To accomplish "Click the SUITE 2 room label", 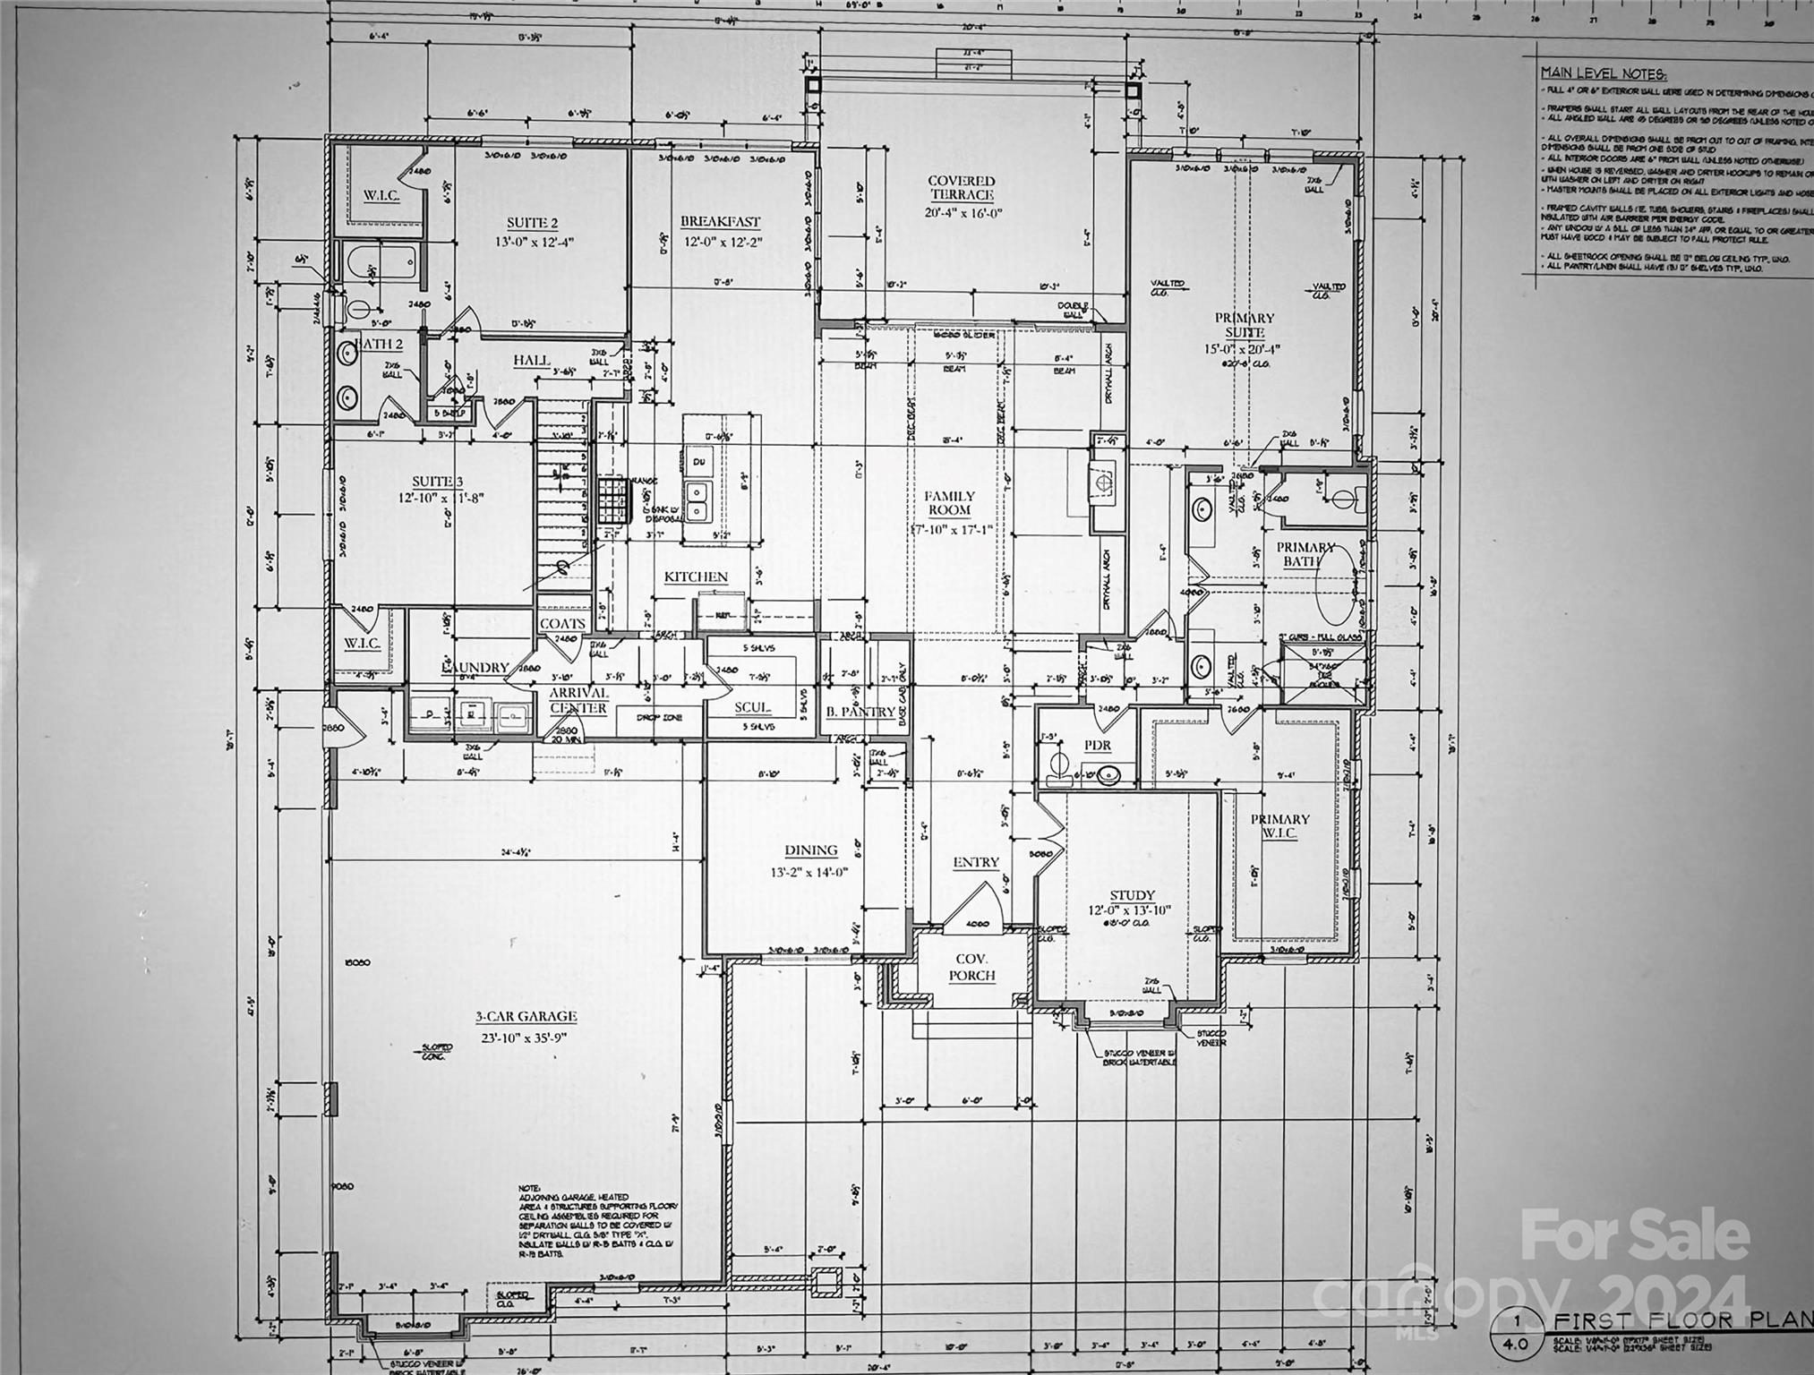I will [x=532, y=223].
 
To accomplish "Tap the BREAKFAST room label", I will [x=720, y=222].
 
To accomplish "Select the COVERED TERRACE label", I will [x=961, y=188].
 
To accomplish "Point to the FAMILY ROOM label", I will [x=949, y=503].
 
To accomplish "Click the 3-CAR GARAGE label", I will [x=526, y=1016].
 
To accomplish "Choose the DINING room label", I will [x=810, y=850].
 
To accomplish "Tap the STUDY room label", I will [x=1132, y=895].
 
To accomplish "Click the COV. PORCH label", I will [x=971, y=967].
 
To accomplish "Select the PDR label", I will [x=1097, y=745].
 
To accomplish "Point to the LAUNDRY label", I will [x=475, y=668].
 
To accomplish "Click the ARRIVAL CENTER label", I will [x=578, y=700].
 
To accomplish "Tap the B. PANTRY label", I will [x=860, y=712].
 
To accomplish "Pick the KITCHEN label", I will [x=696, y=577].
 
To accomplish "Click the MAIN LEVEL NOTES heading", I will [x=1604, y=73].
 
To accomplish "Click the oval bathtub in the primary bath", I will [x=1339, y=586].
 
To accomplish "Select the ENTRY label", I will [x=975, y=862].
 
